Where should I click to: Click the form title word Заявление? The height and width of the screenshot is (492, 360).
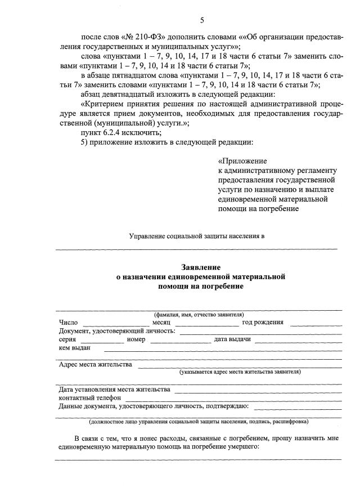click(x=201, y=267)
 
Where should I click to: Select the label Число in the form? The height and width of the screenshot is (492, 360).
click(x=69, y=323)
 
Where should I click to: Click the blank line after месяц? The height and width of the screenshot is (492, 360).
click(x=207, y=324)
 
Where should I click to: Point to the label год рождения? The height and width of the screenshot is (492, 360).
click(x=263, y=323)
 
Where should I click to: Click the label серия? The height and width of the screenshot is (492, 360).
click(x=67, y=339)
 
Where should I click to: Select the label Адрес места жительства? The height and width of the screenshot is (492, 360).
click(x=96, y=364)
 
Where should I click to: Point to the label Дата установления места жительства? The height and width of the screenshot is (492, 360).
click(x=114, y=389)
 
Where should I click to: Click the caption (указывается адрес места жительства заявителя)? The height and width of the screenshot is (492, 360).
click(x=240, y=372)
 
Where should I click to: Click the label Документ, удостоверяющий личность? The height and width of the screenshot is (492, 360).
click(x=117, y=331)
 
